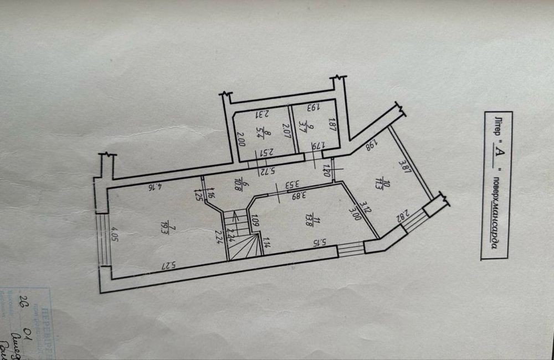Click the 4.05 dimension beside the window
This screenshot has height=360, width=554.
[114, 235]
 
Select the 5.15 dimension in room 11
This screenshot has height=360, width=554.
[317, 241]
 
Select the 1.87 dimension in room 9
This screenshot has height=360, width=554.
[333, 122]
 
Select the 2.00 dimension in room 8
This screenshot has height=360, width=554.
[241, 137]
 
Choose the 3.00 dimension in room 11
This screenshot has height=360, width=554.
[355, 213]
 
